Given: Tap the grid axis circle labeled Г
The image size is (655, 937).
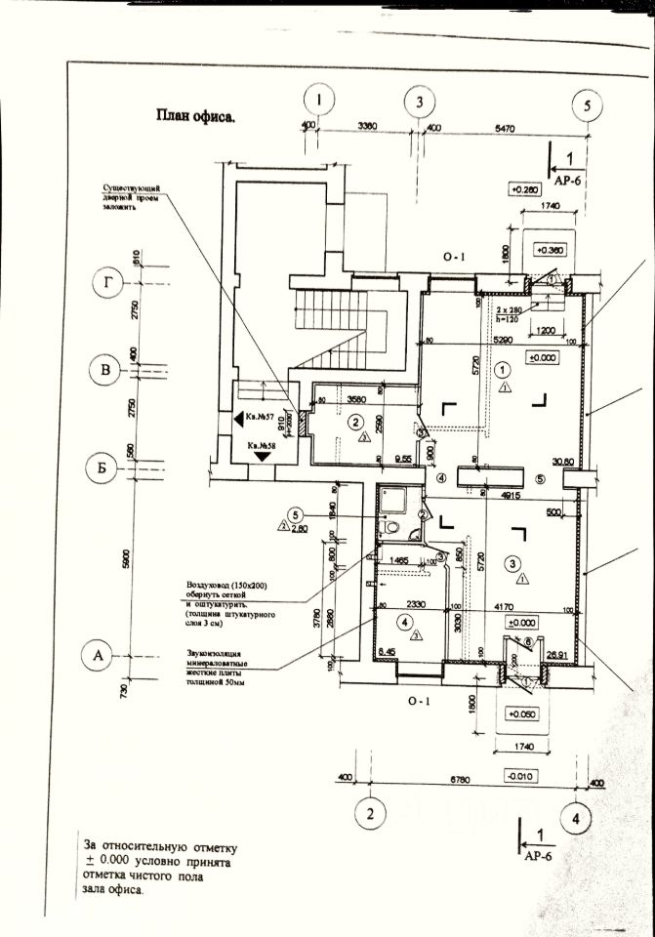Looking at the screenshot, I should pyautogui.click(x=106, y=284).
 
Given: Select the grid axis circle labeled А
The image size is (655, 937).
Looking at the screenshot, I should pyautogui.click(x=97, y=655).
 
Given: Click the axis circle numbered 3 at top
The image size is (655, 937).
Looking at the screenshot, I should pyautogui.click(x=419, y=102).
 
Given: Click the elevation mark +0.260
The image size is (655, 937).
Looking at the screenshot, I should pyautogui.click(x=525, y=189).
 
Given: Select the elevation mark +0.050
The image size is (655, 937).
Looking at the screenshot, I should pyautogui.click(x=522, y=713).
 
